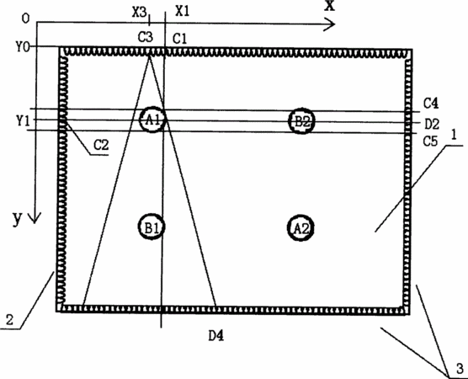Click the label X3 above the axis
pos(140,13)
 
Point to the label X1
pos(183,11)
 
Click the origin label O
pos(26,19)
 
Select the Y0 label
pos(23,47)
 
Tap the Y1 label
pos(23,120)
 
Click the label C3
pos(146,37)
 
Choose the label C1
pos(180,39)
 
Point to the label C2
pos(101,145)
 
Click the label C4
pos(431,104)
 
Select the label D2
pos(432,124)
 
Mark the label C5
pos(430,141)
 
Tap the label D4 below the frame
pos(216,336)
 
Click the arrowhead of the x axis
pos(331,24)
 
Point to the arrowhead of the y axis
pos(35,218)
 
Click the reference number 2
pos(10,320)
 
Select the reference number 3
pos(460,369)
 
